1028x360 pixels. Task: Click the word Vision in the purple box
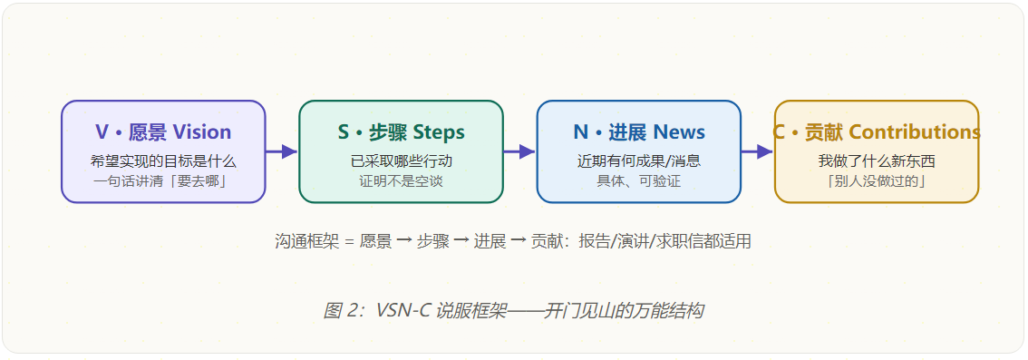(202, 132)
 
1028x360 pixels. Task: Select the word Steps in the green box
(437, 132)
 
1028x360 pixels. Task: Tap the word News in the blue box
(679, 132)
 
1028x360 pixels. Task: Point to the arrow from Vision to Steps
(282, 151)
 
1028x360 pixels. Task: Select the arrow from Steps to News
(520, 151)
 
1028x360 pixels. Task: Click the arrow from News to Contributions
(757, 151)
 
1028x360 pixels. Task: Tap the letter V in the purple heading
(102, 132)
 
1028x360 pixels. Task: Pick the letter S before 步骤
(344, 132)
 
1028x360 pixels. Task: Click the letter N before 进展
(581, 132)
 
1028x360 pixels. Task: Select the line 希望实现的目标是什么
(163, 161)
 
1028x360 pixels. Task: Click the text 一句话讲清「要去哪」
(163, 181)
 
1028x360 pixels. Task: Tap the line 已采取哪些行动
(402, 161)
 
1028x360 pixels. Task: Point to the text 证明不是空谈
(402, 181)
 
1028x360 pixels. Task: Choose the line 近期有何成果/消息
(638, 161)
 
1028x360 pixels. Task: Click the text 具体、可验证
(638, 181)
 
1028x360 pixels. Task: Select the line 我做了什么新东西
(877, 161)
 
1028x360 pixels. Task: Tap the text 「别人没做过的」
(877, 181)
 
